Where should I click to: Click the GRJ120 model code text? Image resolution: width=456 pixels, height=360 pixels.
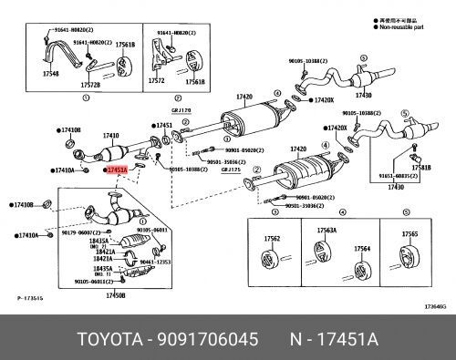[181, 135]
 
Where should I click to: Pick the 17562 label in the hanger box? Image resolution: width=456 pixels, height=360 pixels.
[273, 240]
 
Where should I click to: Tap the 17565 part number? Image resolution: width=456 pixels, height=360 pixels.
[410, 234]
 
